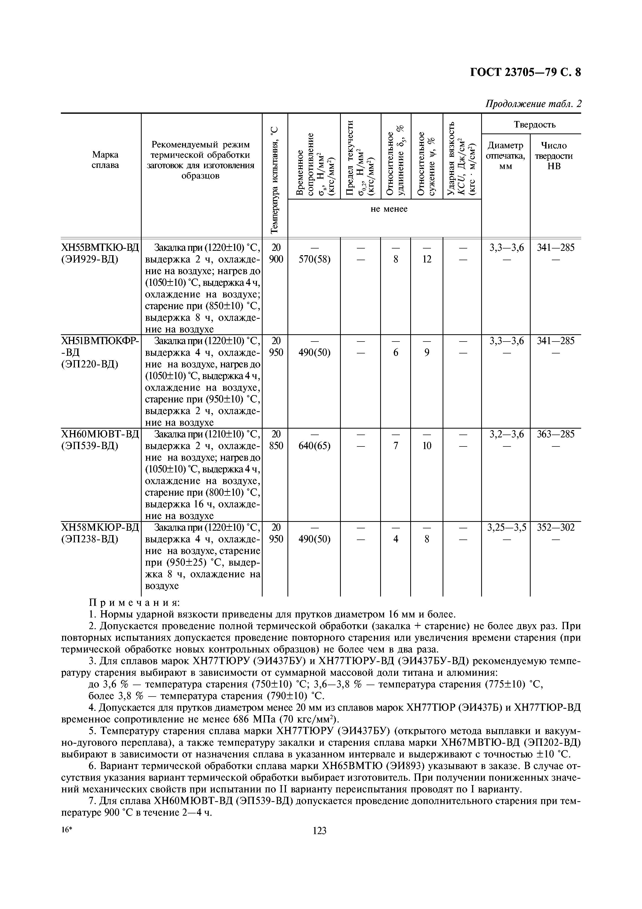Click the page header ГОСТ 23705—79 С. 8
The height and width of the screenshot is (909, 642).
[525, 73]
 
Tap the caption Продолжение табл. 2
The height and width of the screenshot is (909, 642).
[533, 104]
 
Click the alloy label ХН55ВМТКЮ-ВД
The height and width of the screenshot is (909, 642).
[100, 248]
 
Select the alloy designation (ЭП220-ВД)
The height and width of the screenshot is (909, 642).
[90, 364]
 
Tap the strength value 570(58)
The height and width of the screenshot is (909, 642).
[314, 259]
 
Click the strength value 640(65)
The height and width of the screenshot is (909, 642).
[314, 446]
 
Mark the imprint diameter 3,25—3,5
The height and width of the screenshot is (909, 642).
[507, 527]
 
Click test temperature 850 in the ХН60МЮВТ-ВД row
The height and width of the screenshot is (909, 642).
[276, 446]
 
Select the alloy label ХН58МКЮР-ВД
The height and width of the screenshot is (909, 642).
[100, 527]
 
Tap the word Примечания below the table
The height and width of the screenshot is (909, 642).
[134, 602]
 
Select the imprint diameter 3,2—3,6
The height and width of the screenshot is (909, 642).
[507, 434]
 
